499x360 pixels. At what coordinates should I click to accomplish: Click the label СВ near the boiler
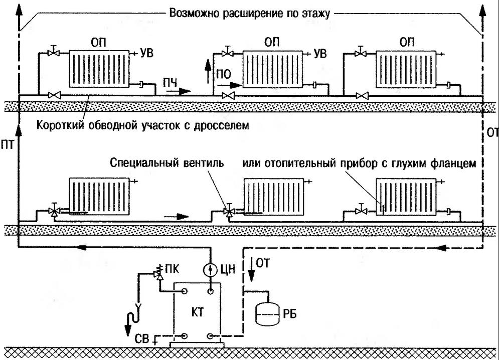(x=141, y=341)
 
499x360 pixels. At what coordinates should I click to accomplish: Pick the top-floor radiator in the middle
(x=272, y=68)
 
